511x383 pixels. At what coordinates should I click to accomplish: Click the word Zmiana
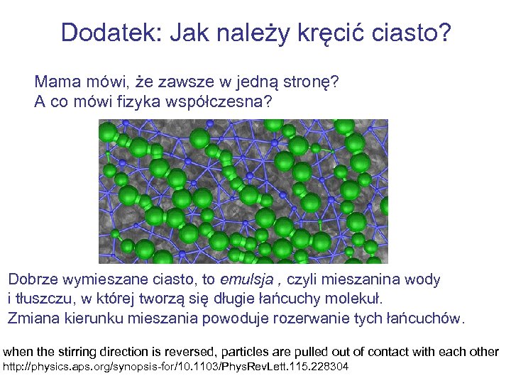[34, 317]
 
